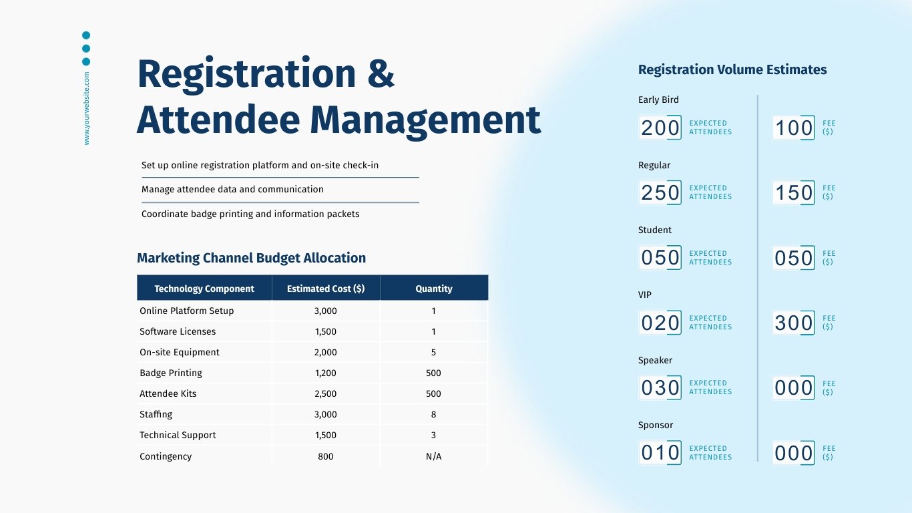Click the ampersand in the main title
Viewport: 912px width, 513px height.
pos(381,73)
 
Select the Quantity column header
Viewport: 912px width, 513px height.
pos(434,289)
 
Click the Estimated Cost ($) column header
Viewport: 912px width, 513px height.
pos(326,289)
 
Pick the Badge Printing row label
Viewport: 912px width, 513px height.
pos(171,373)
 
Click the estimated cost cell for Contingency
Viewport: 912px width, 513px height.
pos(326,456)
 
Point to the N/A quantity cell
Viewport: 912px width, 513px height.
pos(434,456)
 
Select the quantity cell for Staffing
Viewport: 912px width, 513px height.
pos(434,414)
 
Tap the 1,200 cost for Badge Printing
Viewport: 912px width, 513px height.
pos(326,373)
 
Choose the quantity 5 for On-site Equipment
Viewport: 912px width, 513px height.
pos(434,352)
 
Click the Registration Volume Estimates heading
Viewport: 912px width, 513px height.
pos(732,69)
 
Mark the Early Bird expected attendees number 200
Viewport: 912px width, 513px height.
pos(660,128)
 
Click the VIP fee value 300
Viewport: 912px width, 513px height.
pos(794,323)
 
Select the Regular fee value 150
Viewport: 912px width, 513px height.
pos(794,193)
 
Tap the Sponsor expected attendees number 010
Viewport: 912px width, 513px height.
pos(660,453)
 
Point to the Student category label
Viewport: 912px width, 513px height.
pos(655,230)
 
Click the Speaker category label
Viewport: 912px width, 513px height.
pos(655,360)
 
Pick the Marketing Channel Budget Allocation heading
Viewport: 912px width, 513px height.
pos(251,258)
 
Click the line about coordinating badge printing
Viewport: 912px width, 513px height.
pos(250,214)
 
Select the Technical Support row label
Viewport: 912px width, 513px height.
pos(178,435)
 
